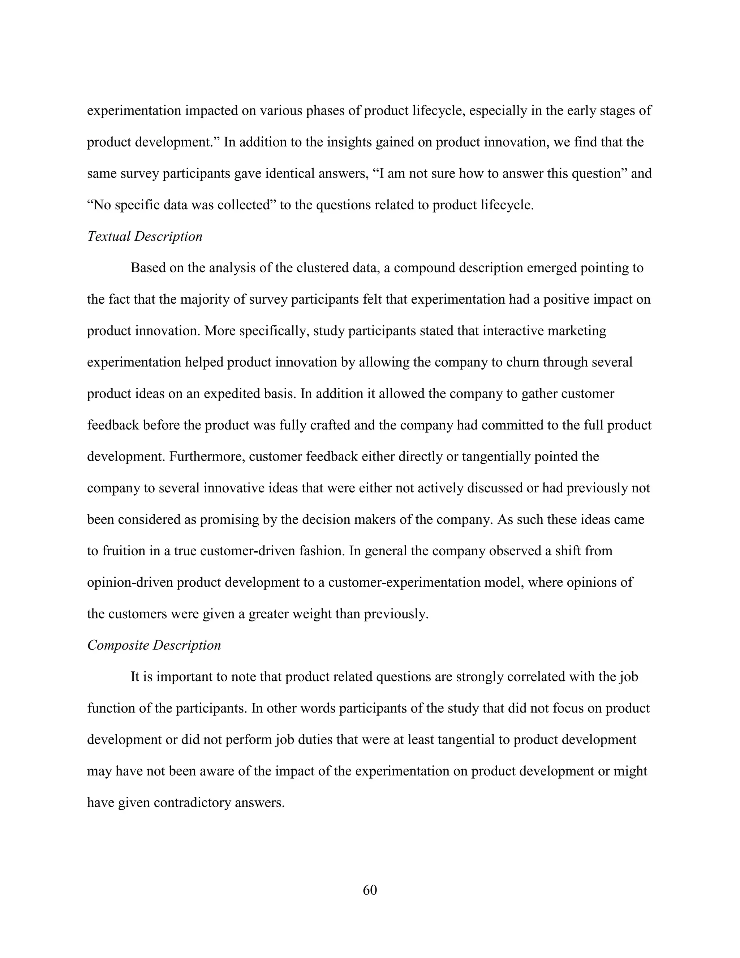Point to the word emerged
pyautogui.click(x=551, y=268)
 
